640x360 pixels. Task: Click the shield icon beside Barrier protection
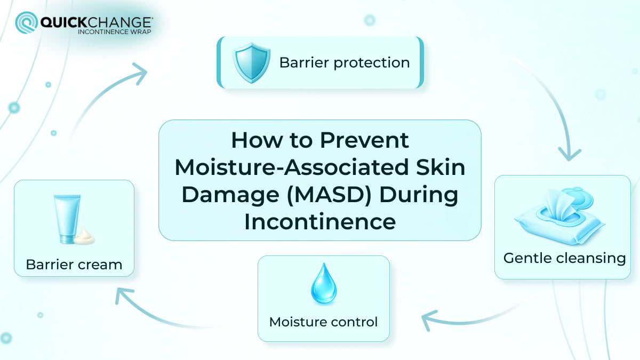248,63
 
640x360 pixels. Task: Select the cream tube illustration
67,219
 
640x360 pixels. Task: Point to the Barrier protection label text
345,63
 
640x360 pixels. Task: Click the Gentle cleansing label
564,258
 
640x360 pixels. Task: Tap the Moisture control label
323,322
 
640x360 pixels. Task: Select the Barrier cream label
74,264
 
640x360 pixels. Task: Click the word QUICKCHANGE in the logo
96,22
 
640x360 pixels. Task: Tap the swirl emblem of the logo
26,23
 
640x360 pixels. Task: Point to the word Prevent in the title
364,140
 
